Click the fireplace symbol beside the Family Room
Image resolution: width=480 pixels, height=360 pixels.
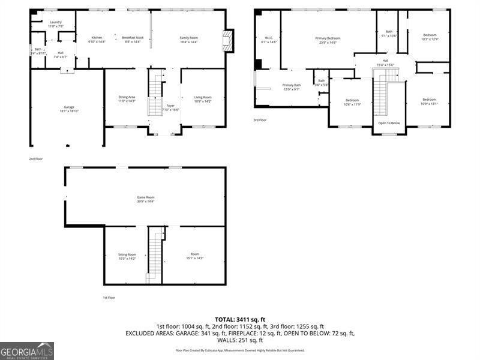[x=227, y=40]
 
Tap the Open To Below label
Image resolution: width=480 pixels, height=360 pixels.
[x=388, y=123]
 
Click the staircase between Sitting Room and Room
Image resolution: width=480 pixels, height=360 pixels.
[x=156, y=255]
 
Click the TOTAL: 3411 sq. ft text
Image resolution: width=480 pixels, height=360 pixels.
[x=240, y=319]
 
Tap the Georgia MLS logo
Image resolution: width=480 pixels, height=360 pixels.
[x=27, y=350]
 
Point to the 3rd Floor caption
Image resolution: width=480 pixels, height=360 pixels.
[x=259, y=120]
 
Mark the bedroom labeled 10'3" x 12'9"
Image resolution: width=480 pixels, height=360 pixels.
[x=430, y=37]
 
